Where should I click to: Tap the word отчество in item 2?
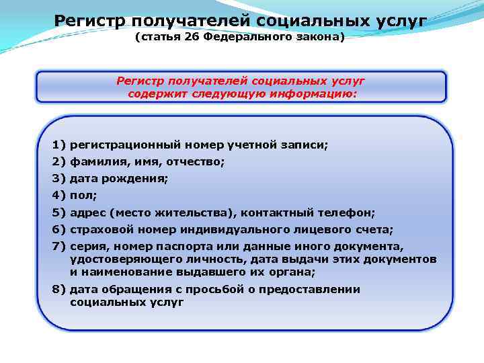coord(195,161)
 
